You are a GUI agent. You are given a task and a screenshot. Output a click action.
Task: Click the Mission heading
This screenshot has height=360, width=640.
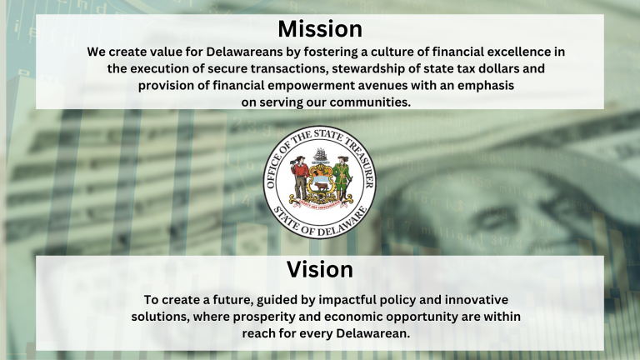[320, 28]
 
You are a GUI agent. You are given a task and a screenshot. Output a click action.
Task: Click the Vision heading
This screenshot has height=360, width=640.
[320, 269]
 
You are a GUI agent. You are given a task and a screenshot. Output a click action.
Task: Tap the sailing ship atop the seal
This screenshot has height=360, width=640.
[320, 155]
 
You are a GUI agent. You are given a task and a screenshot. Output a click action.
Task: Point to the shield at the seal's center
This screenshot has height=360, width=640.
[320, 180]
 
